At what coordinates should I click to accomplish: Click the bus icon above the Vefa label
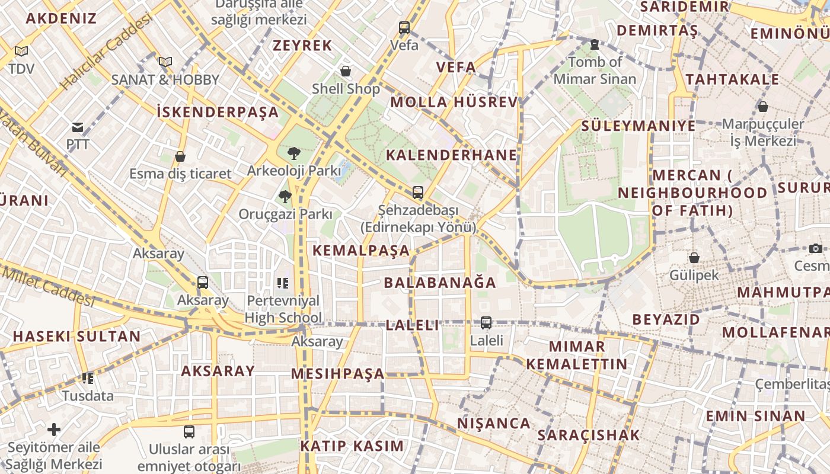[x=404, y=27]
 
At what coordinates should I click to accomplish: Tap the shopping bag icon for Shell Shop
[x=346, y=72]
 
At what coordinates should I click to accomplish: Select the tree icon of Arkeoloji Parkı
[x=293, y=153]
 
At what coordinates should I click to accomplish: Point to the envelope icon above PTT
[x=78, y=127]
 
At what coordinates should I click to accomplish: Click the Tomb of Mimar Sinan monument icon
[x=595, y=44]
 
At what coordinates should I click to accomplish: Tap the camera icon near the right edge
[x=816, y=248]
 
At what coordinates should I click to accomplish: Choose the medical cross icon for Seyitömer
[x=54, y=429]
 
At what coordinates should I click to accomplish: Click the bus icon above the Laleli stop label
[x=486, y=323]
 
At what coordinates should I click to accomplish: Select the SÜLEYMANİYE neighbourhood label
[x=639, y=126]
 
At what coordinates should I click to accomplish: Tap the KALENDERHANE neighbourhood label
[x=452, y=155]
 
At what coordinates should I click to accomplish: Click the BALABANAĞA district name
[x=440, y=283]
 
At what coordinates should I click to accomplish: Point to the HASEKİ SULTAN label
[x=76, y=337]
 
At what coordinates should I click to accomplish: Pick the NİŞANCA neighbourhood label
[x=494, y=423]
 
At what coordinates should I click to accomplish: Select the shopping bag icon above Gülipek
[x=694, y=258]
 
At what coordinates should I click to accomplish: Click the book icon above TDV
[x=21, y=52]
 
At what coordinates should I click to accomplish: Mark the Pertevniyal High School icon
[x=282, y=283]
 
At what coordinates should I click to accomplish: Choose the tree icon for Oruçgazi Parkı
[x=285, y=196]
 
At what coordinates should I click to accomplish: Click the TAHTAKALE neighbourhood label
[x=732, y=79]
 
